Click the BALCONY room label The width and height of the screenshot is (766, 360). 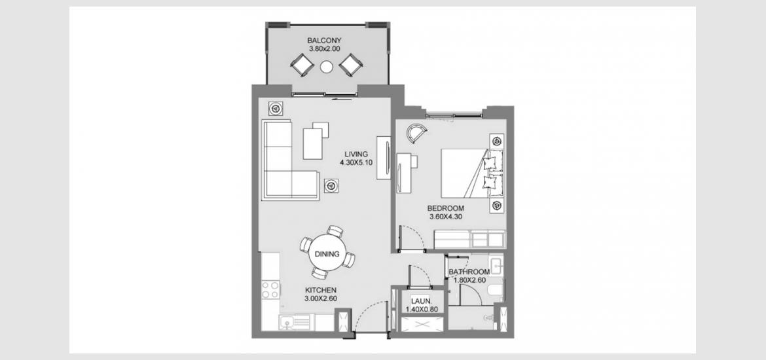click(324, 41)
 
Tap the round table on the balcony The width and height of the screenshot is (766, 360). click(326, 66)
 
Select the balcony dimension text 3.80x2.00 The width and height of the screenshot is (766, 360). click(324, 49)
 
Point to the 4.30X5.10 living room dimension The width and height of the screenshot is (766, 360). click(357, 163)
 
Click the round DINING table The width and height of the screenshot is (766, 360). click(327, 253)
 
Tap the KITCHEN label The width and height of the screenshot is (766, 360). click(320, 290)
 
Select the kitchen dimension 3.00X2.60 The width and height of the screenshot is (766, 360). click(320, 298)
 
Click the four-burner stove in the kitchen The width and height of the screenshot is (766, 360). click(270, 290)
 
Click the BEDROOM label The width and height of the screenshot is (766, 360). click(446, 208)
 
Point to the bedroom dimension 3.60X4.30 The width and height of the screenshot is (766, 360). click(446, 217)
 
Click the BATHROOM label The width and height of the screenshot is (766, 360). click(469, 272)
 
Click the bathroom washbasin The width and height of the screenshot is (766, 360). click(496, 266)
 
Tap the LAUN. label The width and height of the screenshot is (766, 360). click(421, 301)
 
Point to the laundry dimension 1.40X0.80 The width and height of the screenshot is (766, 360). click(421, 309)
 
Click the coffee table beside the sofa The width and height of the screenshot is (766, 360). click(313, 143)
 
